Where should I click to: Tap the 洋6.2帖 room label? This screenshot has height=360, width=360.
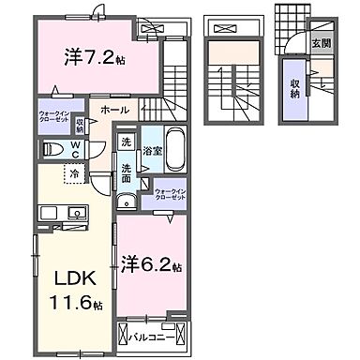[150, 265]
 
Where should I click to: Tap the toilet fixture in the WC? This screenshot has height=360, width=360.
[52, 148]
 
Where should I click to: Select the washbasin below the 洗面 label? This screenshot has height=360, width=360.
[125, 200]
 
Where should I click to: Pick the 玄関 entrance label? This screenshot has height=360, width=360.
[320, 42]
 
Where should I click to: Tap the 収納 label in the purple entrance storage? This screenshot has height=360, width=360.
[295, 87]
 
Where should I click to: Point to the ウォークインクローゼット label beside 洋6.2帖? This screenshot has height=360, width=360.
[172, 196]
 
